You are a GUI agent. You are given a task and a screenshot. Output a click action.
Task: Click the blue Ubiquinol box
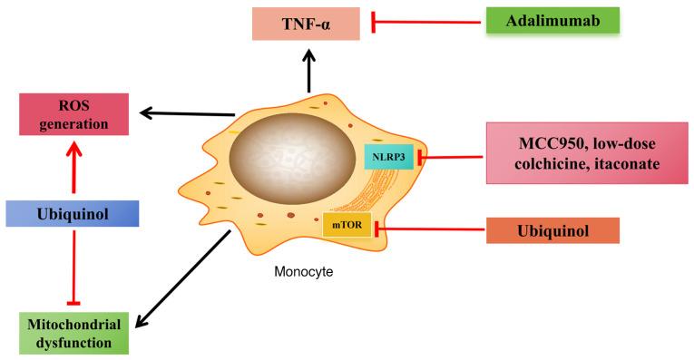click(x=72, y=214)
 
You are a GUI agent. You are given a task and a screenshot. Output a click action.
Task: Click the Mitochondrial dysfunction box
click(x=73, y=331)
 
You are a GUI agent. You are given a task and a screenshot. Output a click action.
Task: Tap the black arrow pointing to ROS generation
click(x=186, y=113)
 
